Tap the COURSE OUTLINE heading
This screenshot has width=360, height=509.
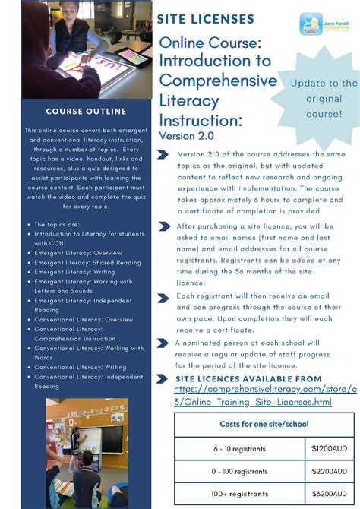69,112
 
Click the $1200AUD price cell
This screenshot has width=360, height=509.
329,449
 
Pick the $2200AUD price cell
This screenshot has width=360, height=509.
329,471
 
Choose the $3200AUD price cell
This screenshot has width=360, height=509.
329,493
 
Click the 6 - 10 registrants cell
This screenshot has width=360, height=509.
240,449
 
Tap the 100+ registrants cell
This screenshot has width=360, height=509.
240,493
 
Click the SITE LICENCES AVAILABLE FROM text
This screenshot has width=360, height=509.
248,378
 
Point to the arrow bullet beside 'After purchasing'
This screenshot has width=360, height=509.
163,226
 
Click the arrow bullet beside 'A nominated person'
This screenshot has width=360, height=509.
163,343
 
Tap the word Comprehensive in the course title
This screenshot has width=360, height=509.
218,81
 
